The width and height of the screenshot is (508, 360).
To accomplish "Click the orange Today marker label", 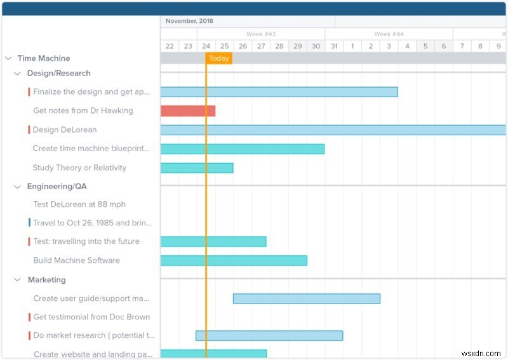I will click(219, 58).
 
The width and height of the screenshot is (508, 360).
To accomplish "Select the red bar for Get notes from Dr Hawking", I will click(187, 111).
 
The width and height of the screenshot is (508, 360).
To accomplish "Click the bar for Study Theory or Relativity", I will click(197, 168).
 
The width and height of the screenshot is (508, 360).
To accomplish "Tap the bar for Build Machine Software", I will click(234, 260).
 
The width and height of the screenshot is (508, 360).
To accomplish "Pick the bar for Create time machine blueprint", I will click(242, 149).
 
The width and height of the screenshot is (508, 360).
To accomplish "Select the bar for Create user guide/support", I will click(307, 298).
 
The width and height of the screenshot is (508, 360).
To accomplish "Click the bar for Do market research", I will click(269, 335).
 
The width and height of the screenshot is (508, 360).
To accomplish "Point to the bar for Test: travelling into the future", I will click(213, 241).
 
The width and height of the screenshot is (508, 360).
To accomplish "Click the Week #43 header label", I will click(261, 34).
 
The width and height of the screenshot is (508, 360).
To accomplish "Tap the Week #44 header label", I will click(389, 34).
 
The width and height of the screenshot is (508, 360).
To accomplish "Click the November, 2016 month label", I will click(189, 21).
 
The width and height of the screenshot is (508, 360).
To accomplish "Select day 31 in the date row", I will click(334, 46).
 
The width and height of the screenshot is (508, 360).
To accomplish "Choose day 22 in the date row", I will click(170, 46).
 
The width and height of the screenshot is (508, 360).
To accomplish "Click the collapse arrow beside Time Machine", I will click(8, 58).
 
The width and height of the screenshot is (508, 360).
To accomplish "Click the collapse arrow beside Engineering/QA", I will click(18, 187).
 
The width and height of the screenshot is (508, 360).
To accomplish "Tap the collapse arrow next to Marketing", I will click(18, 279).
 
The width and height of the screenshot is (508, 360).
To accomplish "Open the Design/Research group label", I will click(58, 74).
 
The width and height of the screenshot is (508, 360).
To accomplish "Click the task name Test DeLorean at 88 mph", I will click(79, 204).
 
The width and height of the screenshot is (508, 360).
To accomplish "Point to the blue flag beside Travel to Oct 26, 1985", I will click(29, 223).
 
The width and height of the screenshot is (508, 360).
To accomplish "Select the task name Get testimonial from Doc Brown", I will click(91, 317).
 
